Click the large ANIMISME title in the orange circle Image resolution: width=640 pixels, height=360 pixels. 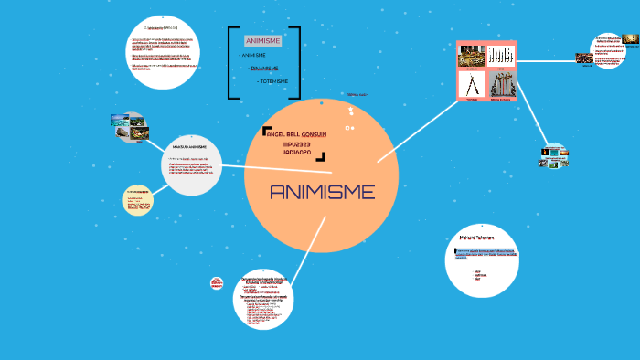click(322, 193)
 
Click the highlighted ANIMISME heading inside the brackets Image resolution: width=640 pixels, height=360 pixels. click(263, 41)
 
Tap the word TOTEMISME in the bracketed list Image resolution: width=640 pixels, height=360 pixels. click(274, 81)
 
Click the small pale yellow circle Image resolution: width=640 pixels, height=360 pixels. click(138, 201)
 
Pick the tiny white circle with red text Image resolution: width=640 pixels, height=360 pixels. click(217, 284)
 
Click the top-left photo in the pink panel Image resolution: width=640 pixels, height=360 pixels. click(472, 57)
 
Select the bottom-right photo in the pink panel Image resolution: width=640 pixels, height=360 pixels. click(502, 85)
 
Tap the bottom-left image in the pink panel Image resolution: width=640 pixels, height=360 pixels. click(472, 85)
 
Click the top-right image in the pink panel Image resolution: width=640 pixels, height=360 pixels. click(502, 57)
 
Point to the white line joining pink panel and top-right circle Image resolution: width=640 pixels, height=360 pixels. click(553, 62)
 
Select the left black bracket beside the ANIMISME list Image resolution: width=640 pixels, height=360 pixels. click(229, 62)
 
